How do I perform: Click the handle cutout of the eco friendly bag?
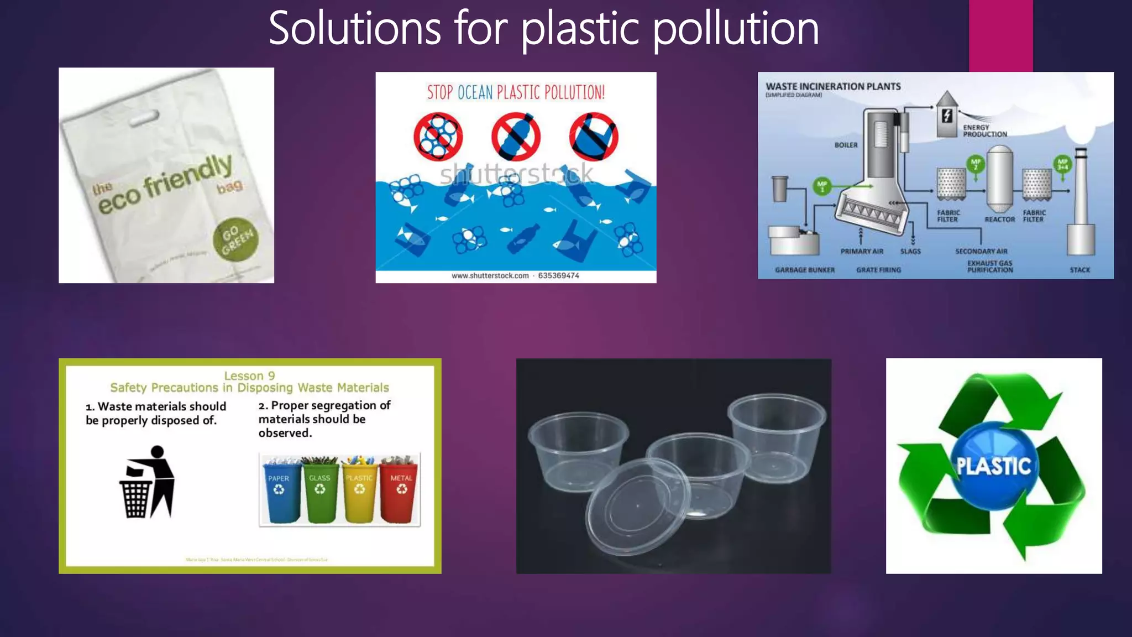[x=145, y=118]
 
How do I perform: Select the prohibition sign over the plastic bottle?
[x=516, y=137]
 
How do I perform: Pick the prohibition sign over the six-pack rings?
[x=438, y=137]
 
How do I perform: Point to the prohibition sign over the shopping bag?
[x=594, y=137]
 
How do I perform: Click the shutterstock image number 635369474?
[x=558, y=275]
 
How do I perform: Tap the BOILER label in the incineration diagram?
[x=846, y=145]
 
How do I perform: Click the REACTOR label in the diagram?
[x=999, y=220]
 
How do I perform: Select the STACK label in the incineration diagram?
[x=1079, y=270]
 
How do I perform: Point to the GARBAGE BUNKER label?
[x=805, y=270]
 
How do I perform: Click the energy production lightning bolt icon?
[x=947, y=116]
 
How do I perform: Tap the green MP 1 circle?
[x=822, y=186]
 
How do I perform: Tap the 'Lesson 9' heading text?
[x=249, y=376]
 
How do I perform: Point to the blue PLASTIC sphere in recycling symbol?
[x=994, y=466]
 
